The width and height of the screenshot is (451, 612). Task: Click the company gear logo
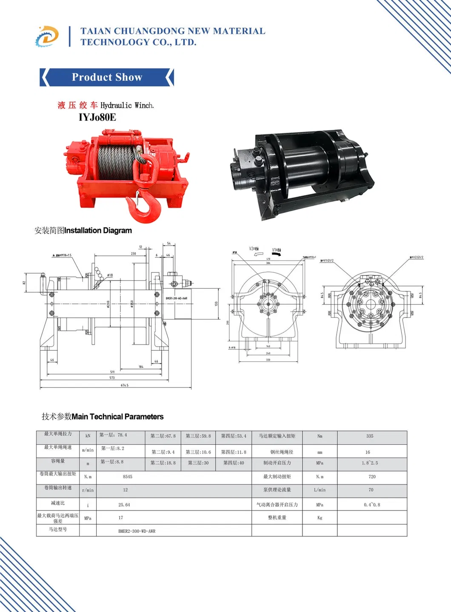[47, 37]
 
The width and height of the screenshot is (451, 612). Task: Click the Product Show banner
[107, 77]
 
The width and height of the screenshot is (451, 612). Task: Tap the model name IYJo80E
[97, 117]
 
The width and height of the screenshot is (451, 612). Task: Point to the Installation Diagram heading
[98, 230]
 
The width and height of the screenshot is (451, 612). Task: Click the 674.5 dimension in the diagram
[124, 385]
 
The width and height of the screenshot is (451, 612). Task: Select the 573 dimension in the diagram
[112, 377]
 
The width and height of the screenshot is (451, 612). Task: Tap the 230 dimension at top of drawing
[134, 253]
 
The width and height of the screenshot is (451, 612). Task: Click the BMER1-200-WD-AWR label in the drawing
[177, 298]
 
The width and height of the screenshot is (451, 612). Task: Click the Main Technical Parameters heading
[117, 417]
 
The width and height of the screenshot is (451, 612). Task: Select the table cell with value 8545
[128, 477]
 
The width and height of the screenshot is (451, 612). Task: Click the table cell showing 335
[370, 436]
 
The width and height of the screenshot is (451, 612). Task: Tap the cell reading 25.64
[124, 505]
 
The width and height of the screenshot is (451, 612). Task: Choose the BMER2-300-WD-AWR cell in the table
[137, 531]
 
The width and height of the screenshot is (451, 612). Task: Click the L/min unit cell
[320, 490]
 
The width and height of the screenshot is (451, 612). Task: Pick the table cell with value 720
[372, 477]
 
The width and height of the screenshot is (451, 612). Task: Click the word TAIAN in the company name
[96, 31]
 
